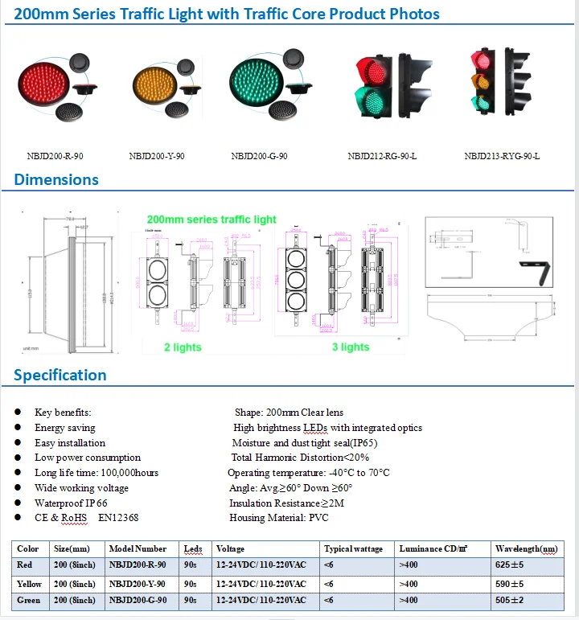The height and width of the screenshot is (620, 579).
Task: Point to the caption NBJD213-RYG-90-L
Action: point(502,156)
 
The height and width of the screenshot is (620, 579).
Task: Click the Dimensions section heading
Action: point(56,179)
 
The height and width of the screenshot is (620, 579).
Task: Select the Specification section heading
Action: point(60,375)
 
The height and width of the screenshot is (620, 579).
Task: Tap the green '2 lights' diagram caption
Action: point(183,347)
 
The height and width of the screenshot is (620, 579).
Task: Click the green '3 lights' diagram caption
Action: point(351,347)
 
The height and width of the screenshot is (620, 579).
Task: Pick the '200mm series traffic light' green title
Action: point(211,220)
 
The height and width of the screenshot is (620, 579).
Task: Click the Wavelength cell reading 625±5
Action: point(509,565)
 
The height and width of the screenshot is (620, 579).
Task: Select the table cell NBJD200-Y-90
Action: point(137,584)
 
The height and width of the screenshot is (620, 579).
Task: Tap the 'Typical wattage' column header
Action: point(354,548)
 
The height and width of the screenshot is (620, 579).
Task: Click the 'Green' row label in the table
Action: point(29,601)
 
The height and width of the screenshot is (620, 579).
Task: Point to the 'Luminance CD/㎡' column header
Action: point(431,548)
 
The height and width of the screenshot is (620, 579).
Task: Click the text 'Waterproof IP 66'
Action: point(71,502)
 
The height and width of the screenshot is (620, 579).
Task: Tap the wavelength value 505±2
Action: point(509,601)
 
